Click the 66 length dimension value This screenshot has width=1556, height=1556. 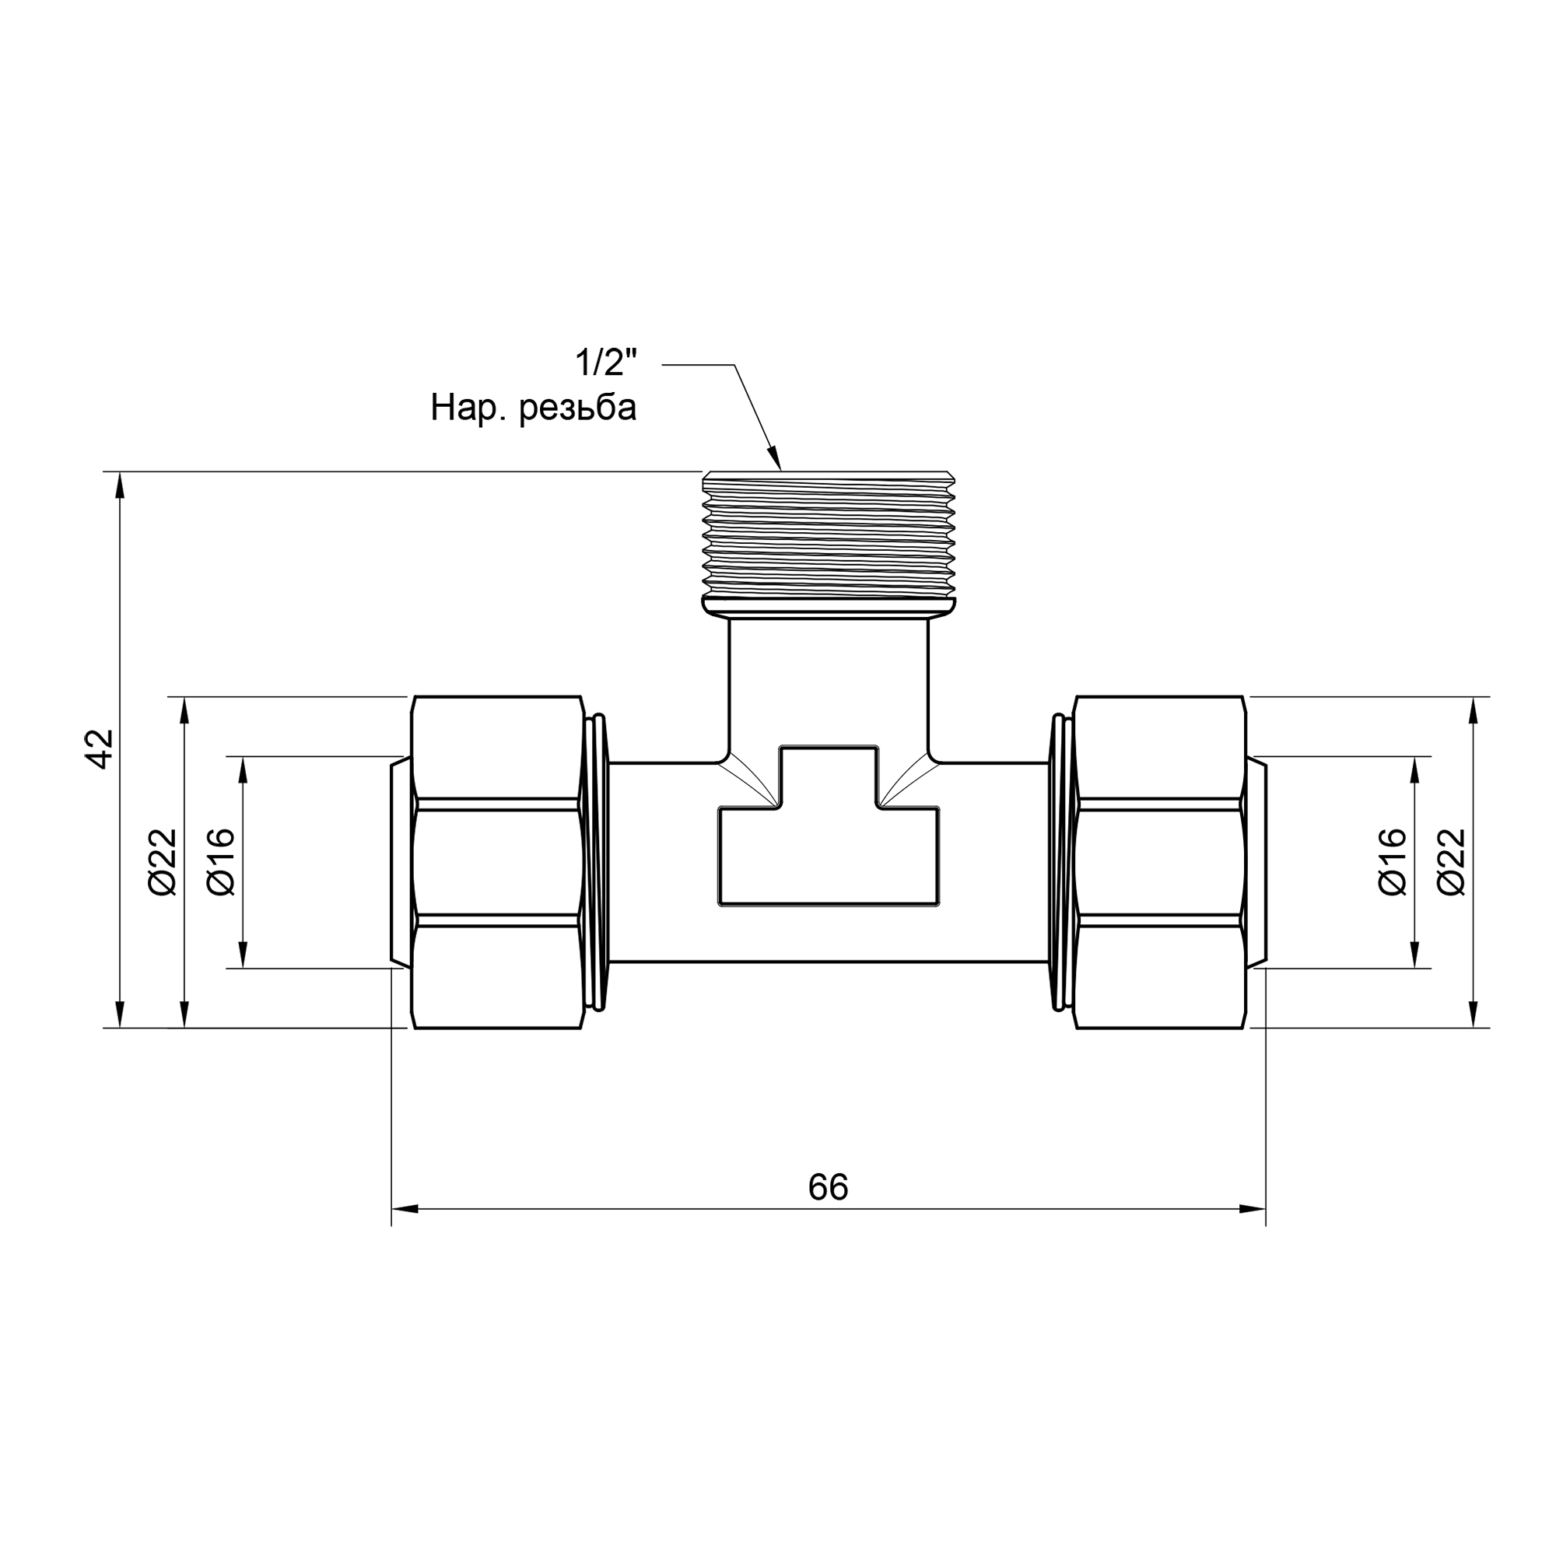tap(828, 1187)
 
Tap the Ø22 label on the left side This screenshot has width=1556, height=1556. tap(163, 862)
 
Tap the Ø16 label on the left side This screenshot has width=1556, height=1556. tap(221, 862)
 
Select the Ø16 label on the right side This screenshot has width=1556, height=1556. tap(1393, 862)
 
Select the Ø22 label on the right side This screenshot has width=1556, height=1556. tap(1451, 862)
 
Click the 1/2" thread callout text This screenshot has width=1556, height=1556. tap(605, 364)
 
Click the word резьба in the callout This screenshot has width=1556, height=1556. tap(577, 408)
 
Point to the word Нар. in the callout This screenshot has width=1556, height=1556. tap(470, 408)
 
